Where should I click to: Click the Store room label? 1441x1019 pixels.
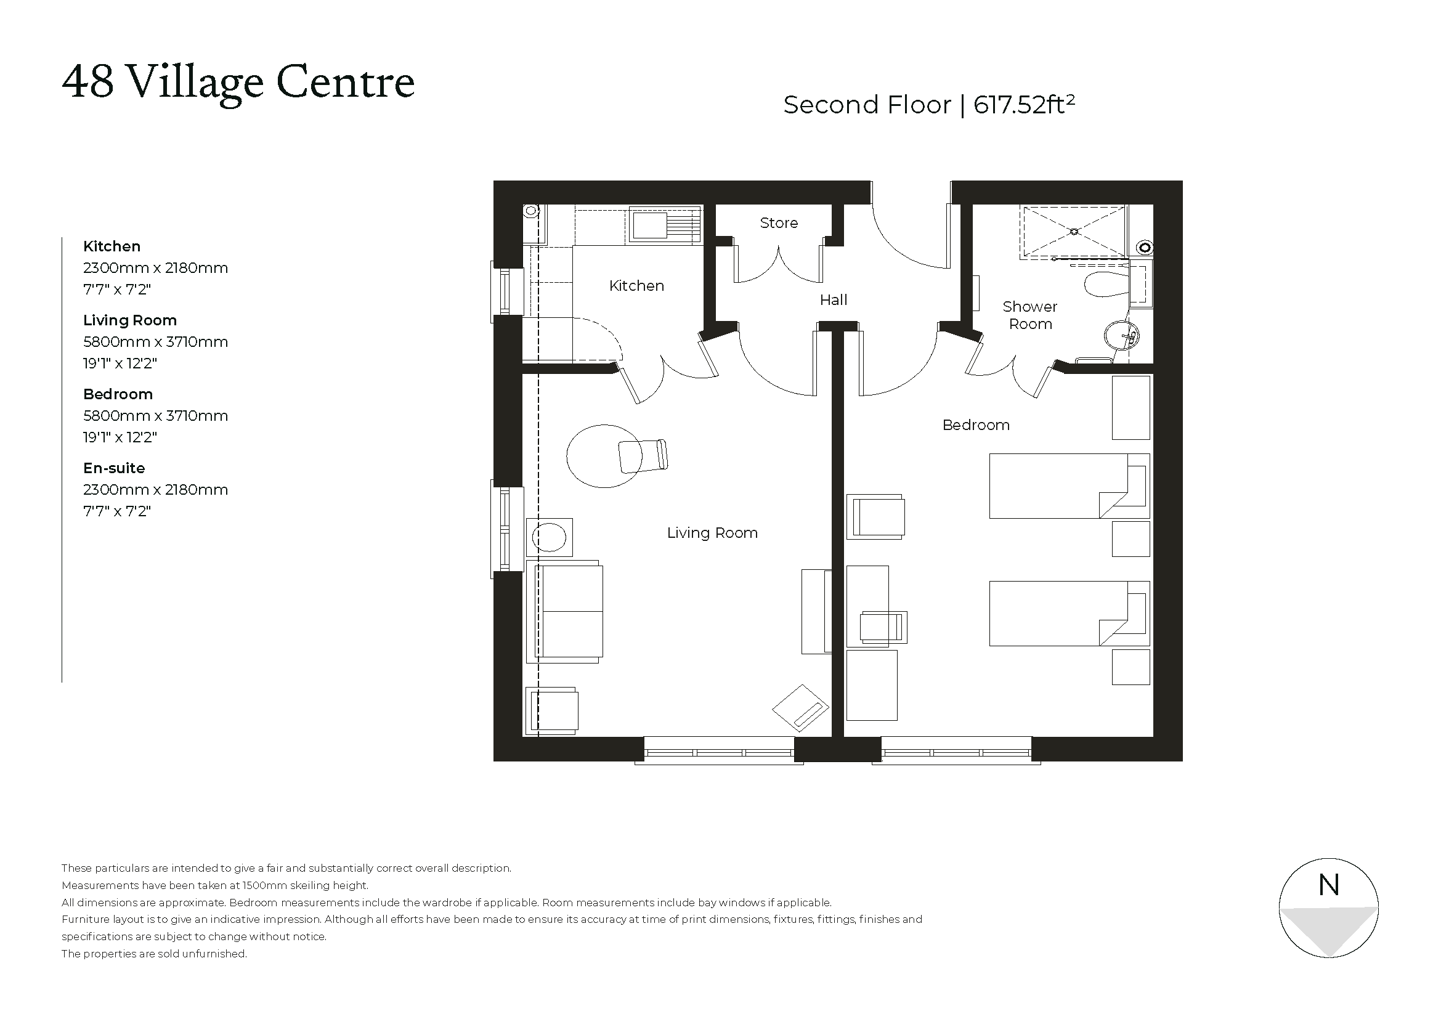[x=778, y=223]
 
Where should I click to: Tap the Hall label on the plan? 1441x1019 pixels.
[x=833, y=300]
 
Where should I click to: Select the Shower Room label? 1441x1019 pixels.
[x=1029, y=315]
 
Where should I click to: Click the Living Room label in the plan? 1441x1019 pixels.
[x=712, y=533]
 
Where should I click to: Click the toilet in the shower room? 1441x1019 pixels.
[x=1106, y=284]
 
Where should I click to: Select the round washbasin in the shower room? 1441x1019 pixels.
[x=1121, y=337]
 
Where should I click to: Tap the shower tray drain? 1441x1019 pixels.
[x=1074, y=232]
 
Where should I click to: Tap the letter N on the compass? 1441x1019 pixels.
[x=1329, y=885]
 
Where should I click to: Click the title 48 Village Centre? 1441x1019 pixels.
[x=238, y=82]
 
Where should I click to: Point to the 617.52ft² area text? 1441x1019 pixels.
[x=1024, y=105]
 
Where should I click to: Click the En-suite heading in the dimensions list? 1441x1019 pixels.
[x=113, y=468]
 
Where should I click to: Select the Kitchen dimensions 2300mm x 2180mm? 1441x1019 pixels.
[x=155, y=268]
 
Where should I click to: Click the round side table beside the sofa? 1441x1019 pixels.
[x=549, y=538]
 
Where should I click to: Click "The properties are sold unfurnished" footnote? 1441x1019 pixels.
[x=155, y=954]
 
